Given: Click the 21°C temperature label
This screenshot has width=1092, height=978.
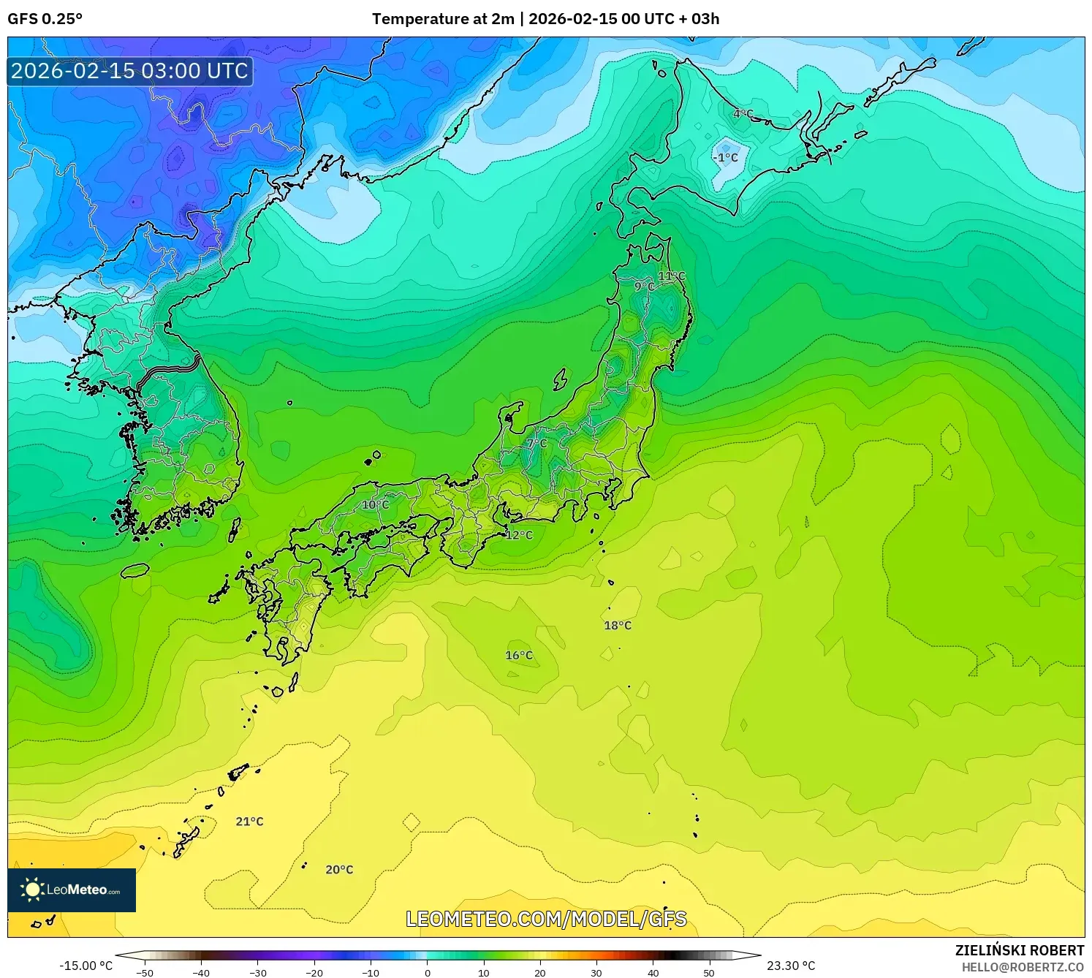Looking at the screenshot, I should [x=249, y=822].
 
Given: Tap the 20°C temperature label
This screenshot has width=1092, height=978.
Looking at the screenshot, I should [x=339, y=870].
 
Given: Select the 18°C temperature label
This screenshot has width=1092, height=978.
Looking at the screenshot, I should [x=618, y=626].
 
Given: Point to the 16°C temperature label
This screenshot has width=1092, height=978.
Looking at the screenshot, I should [x=519, y=656].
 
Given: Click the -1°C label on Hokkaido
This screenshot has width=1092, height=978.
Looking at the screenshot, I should [x=726, y=158].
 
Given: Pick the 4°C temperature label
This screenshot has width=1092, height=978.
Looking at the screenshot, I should [x=743, y=114].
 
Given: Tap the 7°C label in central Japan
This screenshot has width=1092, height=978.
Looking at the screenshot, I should [x=536, y=443].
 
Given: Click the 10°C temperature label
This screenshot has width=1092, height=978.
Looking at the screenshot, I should [x=375, y=505].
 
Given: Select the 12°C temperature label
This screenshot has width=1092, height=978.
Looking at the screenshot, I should [x=519, y=535].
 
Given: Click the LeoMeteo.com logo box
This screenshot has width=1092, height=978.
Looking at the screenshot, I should [x=72, y=890].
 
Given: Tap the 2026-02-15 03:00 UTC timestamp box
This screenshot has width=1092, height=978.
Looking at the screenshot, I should [x=130, y=71].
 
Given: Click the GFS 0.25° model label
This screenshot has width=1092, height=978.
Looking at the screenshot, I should [x=45, y=19].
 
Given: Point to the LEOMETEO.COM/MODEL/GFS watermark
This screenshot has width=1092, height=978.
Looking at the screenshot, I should [x=546, y=919].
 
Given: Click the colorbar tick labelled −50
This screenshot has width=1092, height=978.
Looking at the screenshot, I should [x=145, y=973].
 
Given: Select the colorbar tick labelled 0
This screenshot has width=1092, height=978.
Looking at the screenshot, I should [x=428, y=973].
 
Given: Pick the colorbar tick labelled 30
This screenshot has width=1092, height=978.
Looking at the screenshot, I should [x=596, y=973].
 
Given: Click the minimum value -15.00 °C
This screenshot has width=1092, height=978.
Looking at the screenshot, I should [x=86, y=966].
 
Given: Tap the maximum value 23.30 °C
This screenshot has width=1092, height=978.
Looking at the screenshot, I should [x=791, y=966].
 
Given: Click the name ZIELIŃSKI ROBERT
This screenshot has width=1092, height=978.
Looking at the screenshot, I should [x=1020, y=950].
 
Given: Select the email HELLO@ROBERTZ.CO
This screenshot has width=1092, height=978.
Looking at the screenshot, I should [x=1023, y=967].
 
